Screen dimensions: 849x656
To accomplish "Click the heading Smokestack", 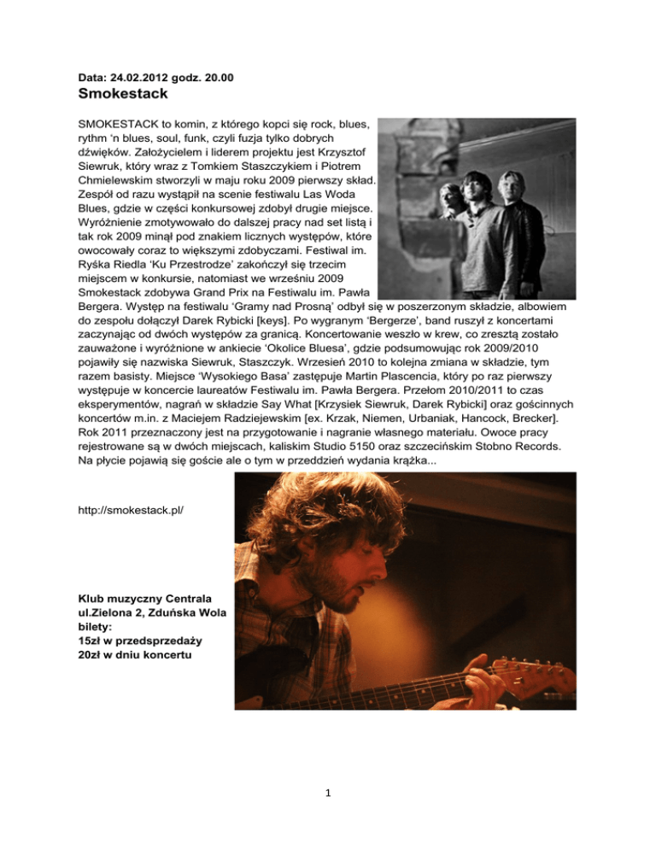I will coord(122,92).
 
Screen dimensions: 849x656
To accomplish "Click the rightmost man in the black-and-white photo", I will coord(516,214).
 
